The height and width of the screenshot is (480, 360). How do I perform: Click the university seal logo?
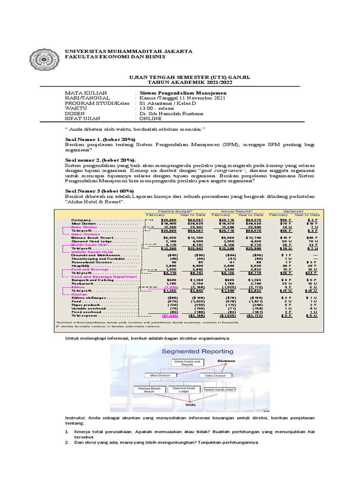45,60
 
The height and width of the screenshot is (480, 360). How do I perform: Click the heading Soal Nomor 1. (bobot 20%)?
99,140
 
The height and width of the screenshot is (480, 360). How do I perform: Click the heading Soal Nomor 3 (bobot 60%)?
99,190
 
